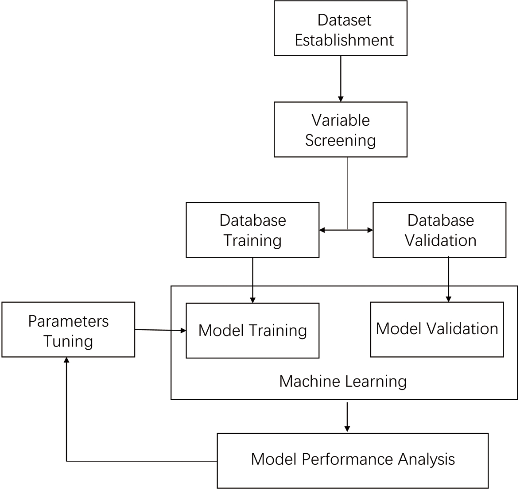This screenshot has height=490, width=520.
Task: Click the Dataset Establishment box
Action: [x=340, y=28]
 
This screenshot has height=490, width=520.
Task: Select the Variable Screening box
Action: [x=340, y=129]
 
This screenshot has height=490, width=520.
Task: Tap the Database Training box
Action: [x=252, y=230]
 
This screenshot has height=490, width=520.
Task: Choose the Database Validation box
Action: [x=439, y=230]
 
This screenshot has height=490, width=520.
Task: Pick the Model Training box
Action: [x=252, y=330]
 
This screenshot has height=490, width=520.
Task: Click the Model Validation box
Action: [x=437, y=329]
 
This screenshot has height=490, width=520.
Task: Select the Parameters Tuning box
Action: [x=68, y=329]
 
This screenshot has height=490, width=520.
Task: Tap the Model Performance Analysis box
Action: [x=353, y=460]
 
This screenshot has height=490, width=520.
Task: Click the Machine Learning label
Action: [x=343, y=382]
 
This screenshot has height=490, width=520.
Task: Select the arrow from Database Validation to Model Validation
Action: [x=449, y=279]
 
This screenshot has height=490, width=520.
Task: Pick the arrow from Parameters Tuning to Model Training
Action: [x=160, y=330]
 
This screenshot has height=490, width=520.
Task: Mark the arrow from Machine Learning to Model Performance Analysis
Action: [x=347, y=416]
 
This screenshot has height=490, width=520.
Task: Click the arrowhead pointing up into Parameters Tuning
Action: [x=66, y=361]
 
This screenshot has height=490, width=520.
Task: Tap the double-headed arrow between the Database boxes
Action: [x=346, y=230]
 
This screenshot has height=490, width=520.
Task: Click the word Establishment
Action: [x=344, y=40]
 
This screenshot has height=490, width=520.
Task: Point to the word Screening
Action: [x=340, y=140]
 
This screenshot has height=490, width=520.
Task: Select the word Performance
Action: [x=348, y=459]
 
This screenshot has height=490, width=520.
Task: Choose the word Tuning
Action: [x=68, y=341]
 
